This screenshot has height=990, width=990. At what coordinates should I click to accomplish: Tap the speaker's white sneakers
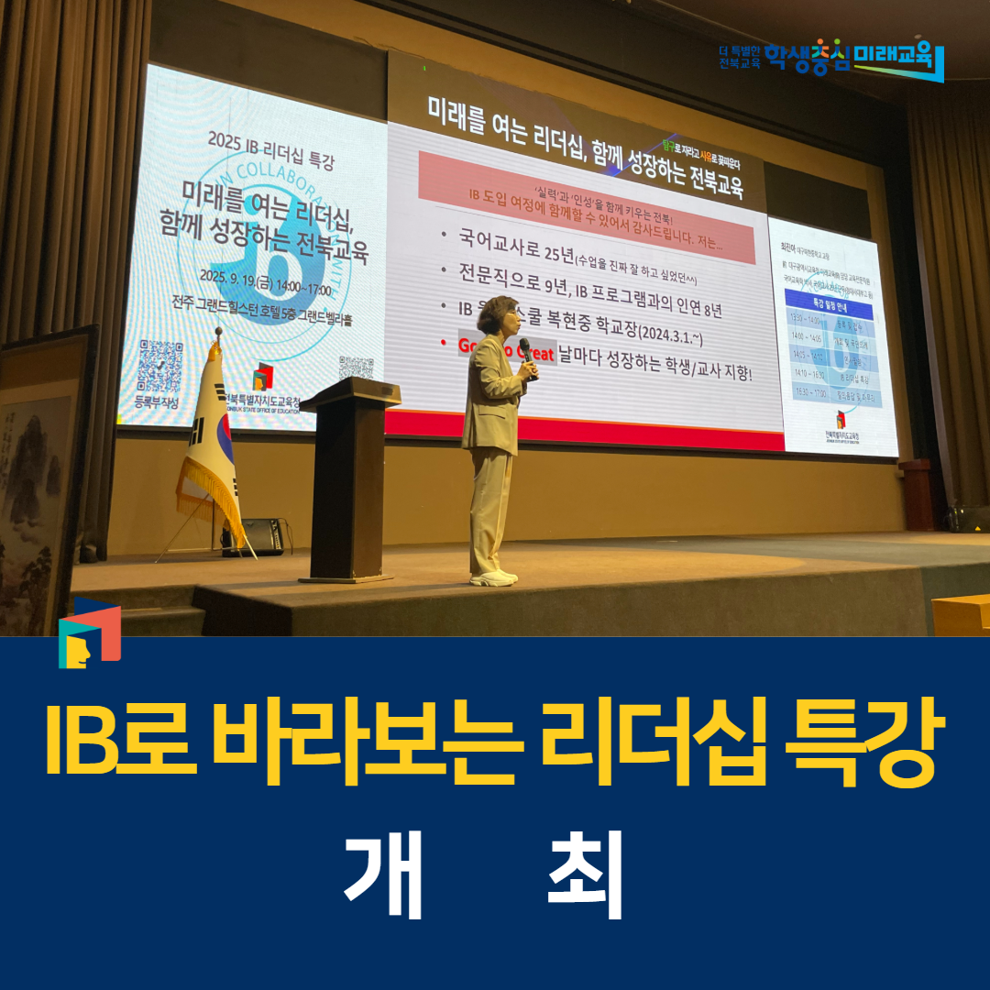[494, 577]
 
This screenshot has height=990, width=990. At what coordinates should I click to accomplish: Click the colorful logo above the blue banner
[89, 632]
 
